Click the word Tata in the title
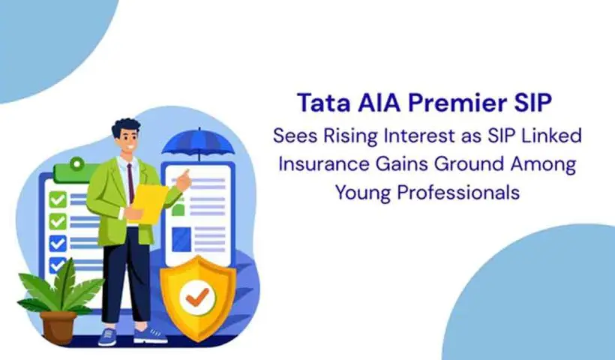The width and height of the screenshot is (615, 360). coord(320,101)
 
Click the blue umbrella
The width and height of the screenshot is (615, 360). coord(193,142)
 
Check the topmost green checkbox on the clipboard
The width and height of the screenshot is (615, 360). coord(58,200)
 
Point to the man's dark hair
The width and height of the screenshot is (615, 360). coord(126,123)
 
